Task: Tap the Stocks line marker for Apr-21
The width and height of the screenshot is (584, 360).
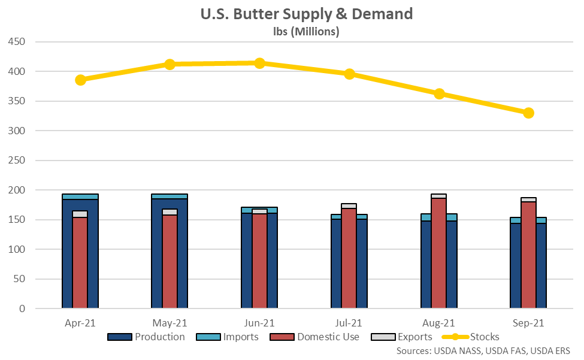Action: pyautogui.click(x=80, y=80)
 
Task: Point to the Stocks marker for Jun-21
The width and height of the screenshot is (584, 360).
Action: pyautogui.click(x=259, y=63)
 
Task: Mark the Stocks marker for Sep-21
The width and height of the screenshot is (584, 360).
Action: pyautogui.click(x=528, y=113)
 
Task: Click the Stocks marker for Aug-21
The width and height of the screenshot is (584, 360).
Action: pyautogui.click(x=439, y=93)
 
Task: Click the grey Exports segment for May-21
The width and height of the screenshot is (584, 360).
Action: pyautogui.click(x=170, y=211)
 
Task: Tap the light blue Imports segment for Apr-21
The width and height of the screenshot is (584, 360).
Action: pyautogui.click(x=80, y=196)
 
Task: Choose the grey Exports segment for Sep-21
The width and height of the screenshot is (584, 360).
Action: pyautogui.click(x=528, y=199)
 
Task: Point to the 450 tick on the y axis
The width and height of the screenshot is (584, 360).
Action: pyautogui.click(x=17, y=42)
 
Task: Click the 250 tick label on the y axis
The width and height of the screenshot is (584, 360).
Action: pyautogui.click(x=17, y=161)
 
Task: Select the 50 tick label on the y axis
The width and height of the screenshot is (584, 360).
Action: pyautogui.click(x=20, y=279)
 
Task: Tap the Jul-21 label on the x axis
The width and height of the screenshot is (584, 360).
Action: pyautogui.click(x=349, y=323)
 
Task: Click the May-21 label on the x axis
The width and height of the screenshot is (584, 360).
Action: pyautogui.click(x=170, y=323)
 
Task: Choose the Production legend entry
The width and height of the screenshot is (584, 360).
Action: pyautogui.click(x=146, y=337)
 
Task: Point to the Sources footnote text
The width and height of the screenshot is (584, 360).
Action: pyautogui.click(x=483, y=350)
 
